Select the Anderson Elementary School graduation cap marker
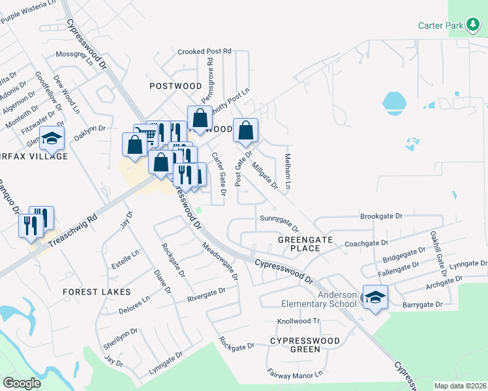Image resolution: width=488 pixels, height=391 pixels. (x=375, y=297)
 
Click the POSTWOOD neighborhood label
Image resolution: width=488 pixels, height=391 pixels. (x=175, y=86)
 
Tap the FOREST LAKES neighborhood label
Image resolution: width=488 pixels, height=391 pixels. (x=97, y=292)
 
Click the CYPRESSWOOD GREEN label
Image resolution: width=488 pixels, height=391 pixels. (x=305, y=345)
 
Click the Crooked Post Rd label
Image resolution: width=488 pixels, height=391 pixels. (x=205, y=51)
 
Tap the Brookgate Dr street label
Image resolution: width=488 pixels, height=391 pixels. (x=382, y=216)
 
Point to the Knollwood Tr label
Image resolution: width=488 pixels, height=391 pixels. (x=298, y=321)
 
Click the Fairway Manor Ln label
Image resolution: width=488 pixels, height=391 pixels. (x=295, y=375)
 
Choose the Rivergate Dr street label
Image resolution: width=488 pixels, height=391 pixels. (x=206, y=295)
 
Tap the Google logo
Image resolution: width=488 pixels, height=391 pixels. (x=22, y=383)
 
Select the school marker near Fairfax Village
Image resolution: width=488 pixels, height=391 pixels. (x=52, y=138)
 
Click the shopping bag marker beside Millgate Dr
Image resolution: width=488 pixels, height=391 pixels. (x=245, y=131)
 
